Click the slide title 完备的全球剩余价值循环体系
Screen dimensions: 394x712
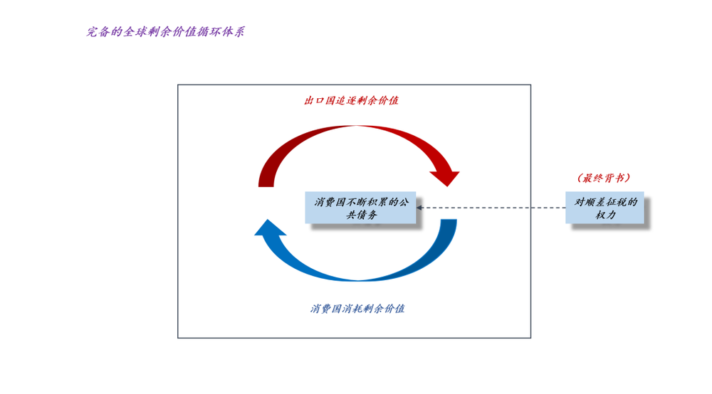165,33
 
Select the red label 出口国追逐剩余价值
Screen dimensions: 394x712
352,101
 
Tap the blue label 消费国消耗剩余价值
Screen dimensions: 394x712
357,309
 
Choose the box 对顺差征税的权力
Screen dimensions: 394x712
605,208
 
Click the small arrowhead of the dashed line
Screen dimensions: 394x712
420,208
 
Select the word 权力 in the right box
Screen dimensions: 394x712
605,215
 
